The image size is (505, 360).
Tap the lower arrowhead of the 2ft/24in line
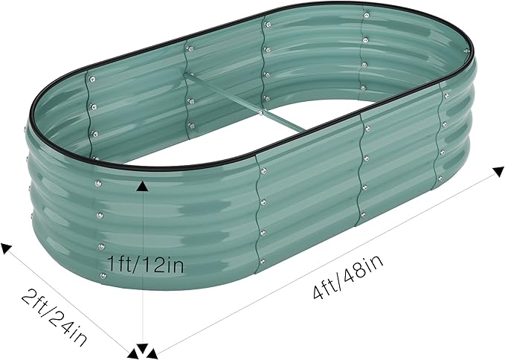[132, 350]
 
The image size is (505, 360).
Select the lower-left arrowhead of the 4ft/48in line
[152, 350]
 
